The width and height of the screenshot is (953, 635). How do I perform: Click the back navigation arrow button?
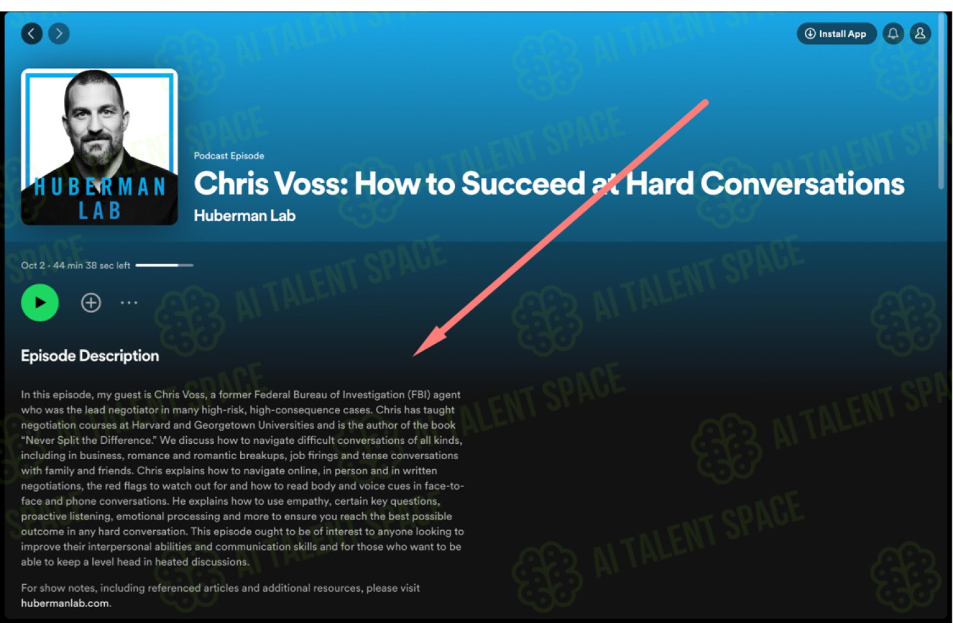(x=32, y=34)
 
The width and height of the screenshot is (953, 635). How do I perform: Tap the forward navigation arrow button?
(x=59, y=34)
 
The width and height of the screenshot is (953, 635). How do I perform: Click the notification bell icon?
(x=893, y=34)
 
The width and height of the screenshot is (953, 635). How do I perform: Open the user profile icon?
(x=920, y=34)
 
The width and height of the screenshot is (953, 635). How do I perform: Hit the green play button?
(x=40, y=302)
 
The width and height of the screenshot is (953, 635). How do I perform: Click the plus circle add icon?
(x=91, y=302)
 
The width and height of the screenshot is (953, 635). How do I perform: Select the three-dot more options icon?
(x=129, y=302)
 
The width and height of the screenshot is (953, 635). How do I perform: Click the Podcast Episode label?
(x=229, y=156)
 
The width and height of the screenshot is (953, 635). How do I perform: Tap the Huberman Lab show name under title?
(x=245, y=216)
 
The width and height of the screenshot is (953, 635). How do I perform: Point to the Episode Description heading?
(x=90, y=356)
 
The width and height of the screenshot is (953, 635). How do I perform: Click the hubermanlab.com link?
(x=65, y=603)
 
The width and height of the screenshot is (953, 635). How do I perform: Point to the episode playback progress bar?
(x=164, y=265)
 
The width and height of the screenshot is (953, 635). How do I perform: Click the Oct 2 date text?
(x=33, y=265)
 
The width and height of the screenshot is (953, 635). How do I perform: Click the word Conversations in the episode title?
(x=802, y=184)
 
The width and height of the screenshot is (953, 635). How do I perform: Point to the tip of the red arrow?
(x=414, y=356)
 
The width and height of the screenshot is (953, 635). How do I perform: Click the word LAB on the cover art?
(x=100, y=211)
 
